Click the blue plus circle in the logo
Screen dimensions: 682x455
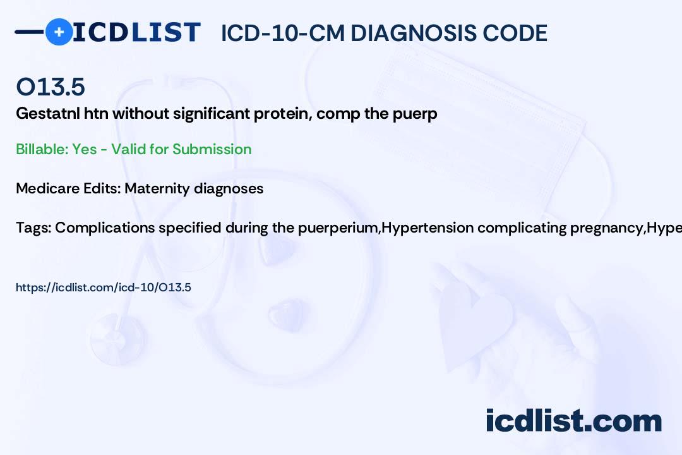tap(59, 32)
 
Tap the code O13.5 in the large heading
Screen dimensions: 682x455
tap(51, 87)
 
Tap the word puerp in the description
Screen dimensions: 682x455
tap(415, 114)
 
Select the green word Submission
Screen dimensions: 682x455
tap(212, 149)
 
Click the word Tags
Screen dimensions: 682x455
tap(33, 227)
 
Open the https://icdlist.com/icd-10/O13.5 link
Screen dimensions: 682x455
tap(104, 288)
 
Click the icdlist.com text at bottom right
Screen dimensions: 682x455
tap(573, 421)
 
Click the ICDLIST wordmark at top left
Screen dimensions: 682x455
tap(136, 32)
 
